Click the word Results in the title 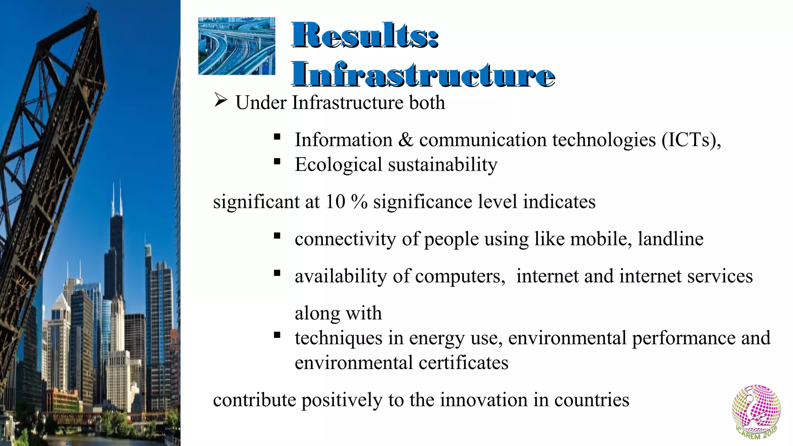tap(360, 36)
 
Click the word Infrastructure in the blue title tap(423, 74)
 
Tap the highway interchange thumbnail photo tap(237, 46)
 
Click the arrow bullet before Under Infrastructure tap(220, 101)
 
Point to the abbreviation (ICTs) tap(691, 140)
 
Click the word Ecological tap(338, 165)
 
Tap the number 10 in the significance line tap(335, 202)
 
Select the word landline tap(670, 239)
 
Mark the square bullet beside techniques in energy tap(276, 335)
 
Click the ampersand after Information tap(405, 140)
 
